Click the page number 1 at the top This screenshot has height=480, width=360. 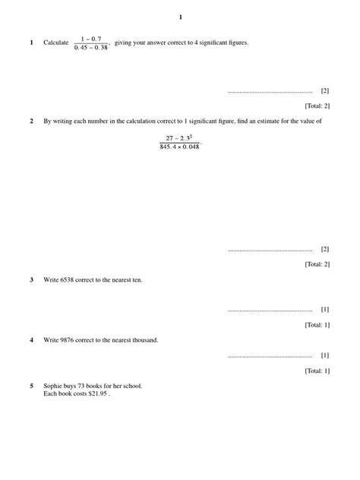[180, 17]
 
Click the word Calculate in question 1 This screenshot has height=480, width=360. [56, 43]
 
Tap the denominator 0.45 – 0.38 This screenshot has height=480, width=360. [91, 48]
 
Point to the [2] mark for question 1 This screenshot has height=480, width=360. [325, 90]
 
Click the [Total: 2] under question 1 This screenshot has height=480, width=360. [317, 106]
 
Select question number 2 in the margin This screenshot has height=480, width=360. [31, 121]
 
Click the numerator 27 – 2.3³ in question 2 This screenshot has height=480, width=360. [178, 137]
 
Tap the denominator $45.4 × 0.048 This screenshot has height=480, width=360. [179, 147]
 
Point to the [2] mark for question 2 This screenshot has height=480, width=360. [325, 249]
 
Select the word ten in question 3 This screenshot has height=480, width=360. [136, 279]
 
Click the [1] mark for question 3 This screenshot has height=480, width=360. [325, 310]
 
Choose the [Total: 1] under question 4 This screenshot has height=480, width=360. [317, 371]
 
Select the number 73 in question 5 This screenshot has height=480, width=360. [84, 386]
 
